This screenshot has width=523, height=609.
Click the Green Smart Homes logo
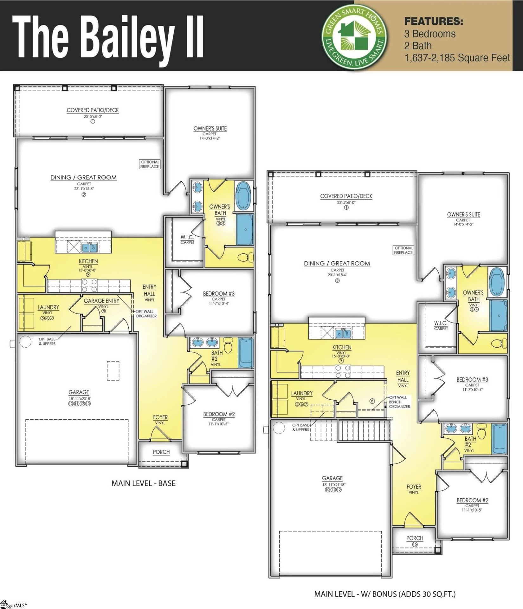354,36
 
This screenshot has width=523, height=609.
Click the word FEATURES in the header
433,22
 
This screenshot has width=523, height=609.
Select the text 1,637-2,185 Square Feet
457,58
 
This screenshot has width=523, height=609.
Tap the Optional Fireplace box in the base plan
150,164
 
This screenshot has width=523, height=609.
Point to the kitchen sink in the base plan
89,247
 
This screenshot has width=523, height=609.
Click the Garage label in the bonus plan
332,478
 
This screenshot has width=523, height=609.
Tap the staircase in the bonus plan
364,430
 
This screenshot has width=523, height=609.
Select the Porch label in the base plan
161,452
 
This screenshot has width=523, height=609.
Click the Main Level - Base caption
143,483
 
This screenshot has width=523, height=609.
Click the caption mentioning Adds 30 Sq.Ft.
384,594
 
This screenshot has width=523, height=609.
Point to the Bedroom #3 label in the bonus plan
472,380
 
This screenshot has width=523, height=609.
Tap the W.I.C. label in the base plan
187,237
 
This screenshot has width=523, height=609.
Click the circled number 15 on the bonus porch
415,544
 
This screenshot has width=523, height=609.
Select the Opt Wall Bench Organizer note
399,402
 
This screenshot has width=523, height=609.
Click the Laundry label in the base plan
48,307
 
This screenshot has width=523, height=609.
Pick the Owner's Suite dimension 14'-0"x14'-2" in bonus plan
463,224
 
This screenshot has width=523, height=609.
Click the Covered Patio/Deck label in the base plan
93,110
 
